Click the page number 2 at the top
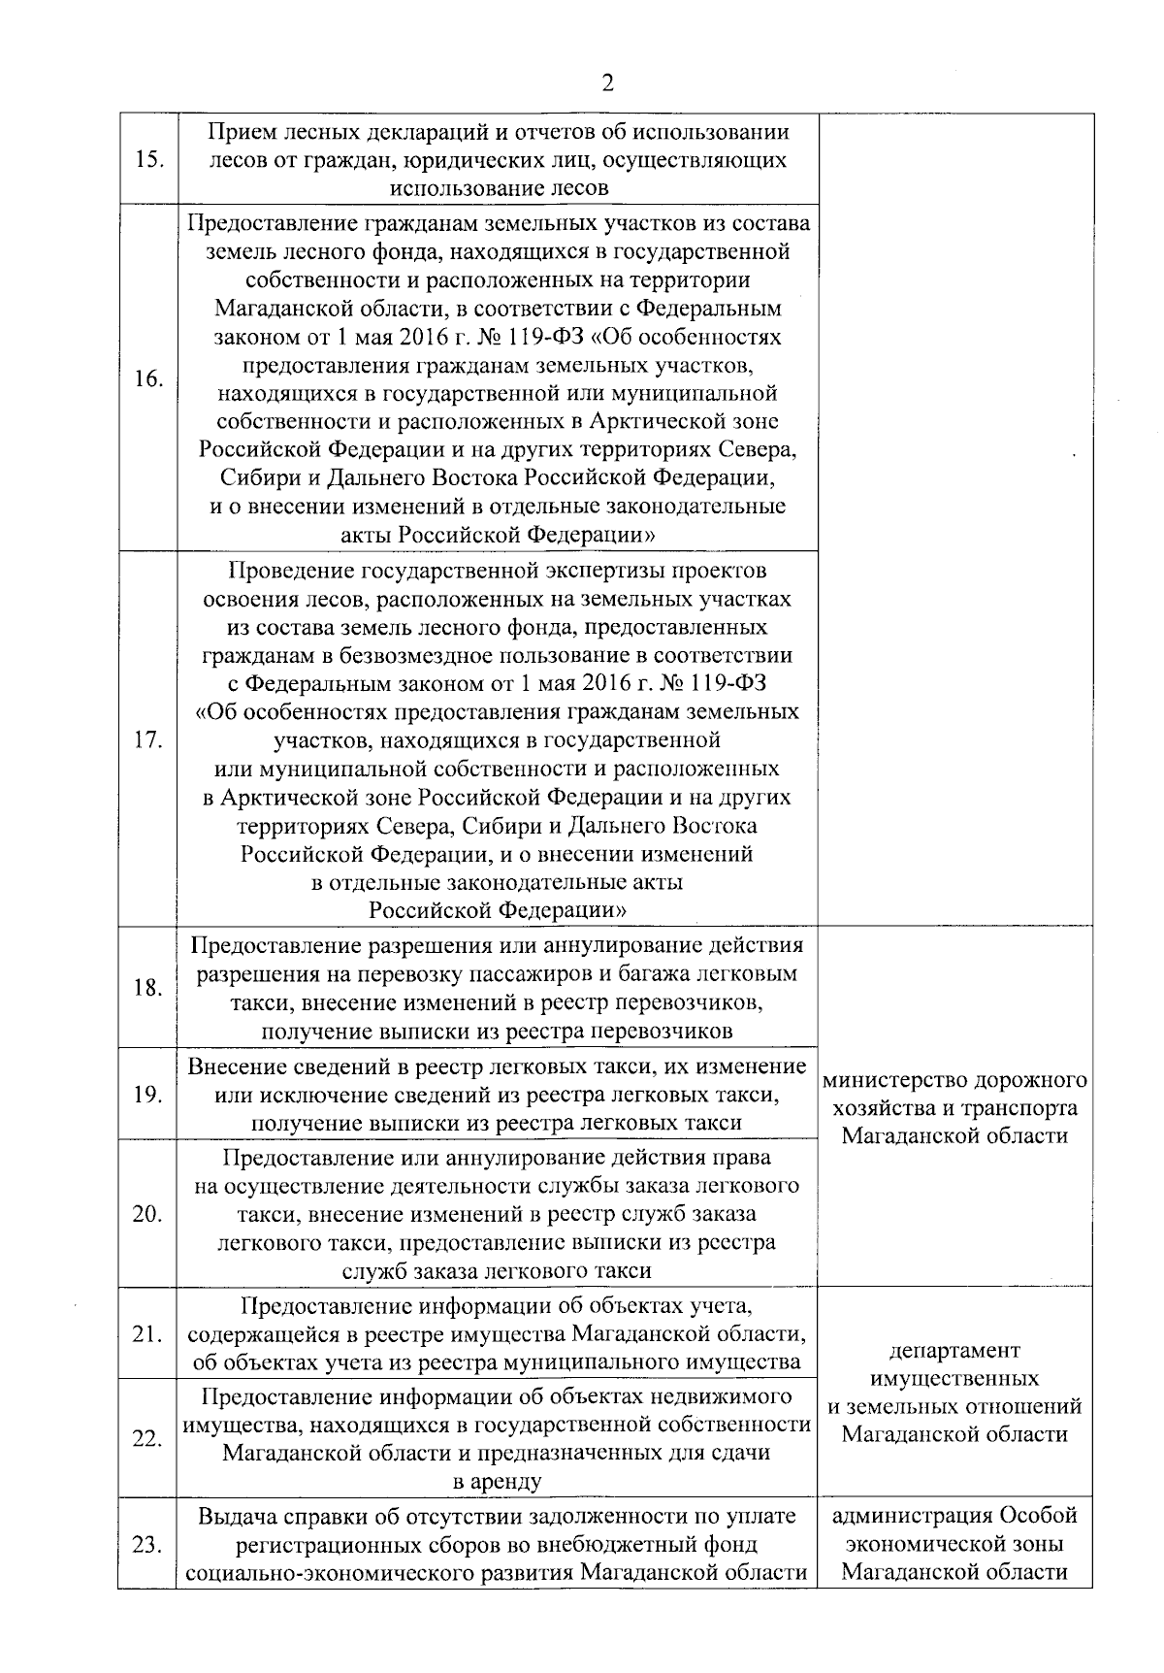[x=607, y=82]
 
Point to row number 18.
[x=146, y=989]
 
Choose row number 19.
[x=146, y=1095]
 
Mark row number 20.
[x=146, y=1214]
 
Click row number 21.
[x=146, y=1334]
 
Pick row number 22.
[x=146, y=1439]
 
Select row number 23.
[x=146, y=1545]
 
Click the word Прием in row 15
[x=243, y=132]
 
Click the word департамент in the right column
[x=954, y=1351]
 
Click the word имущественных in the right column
[x=954, y=1379]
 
